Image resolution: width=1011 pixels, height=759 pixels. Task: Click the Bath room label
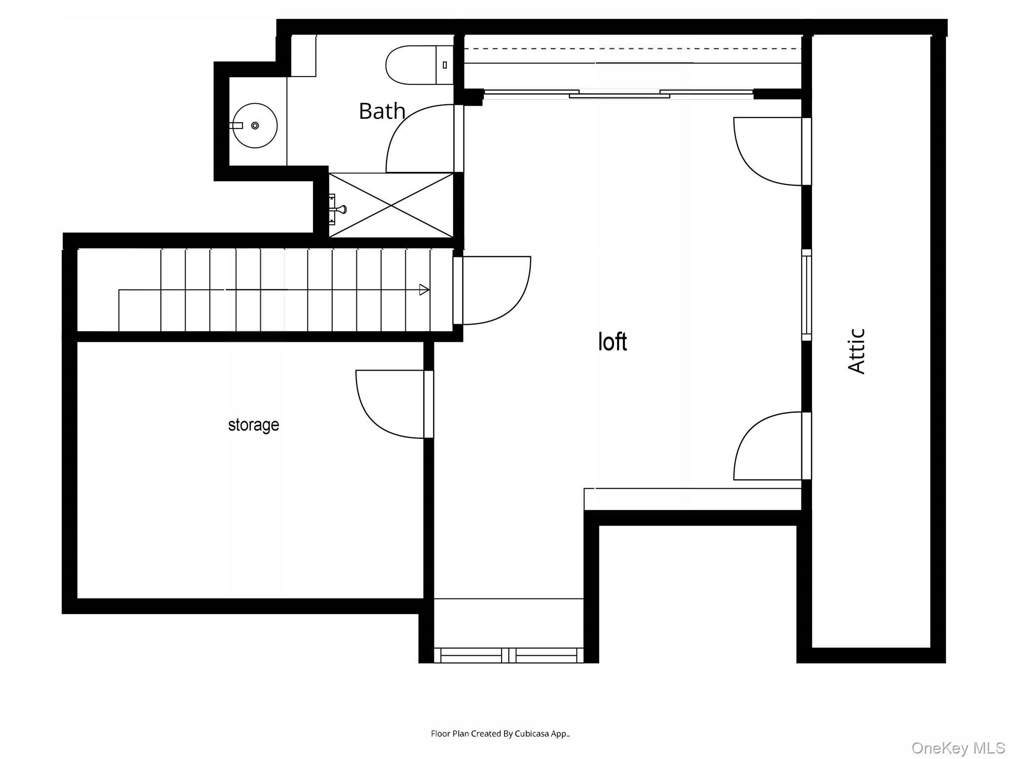[382, 111]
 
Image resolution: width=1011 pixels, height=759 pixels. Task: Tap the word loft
[613, 341]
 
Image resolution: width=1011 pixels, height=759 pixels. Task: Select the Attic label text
[856, 351]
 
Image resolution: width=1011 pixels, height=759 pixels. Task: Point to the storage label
[254, 425]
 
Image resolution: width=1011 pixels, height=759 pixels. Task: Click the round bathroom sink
[255, 126]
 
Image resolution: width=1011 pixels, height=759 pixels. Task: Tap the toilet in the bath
[419, 65]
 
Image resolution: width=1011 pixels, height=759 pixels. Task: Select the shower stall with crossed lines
[391, 205]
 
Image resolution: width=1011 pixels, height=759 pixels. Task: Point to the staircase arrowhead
[424, 290]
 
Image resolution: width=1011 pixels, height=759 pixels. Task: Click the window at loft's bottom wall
[508, 655]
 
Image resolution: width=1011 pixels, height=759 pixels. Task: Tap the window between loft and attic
[806, 295]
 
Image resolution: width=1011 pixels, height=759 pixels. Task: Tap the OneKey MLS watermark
[958, 748]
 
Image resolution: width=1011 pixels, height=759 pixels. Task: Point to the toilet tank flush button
[445, 65]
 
